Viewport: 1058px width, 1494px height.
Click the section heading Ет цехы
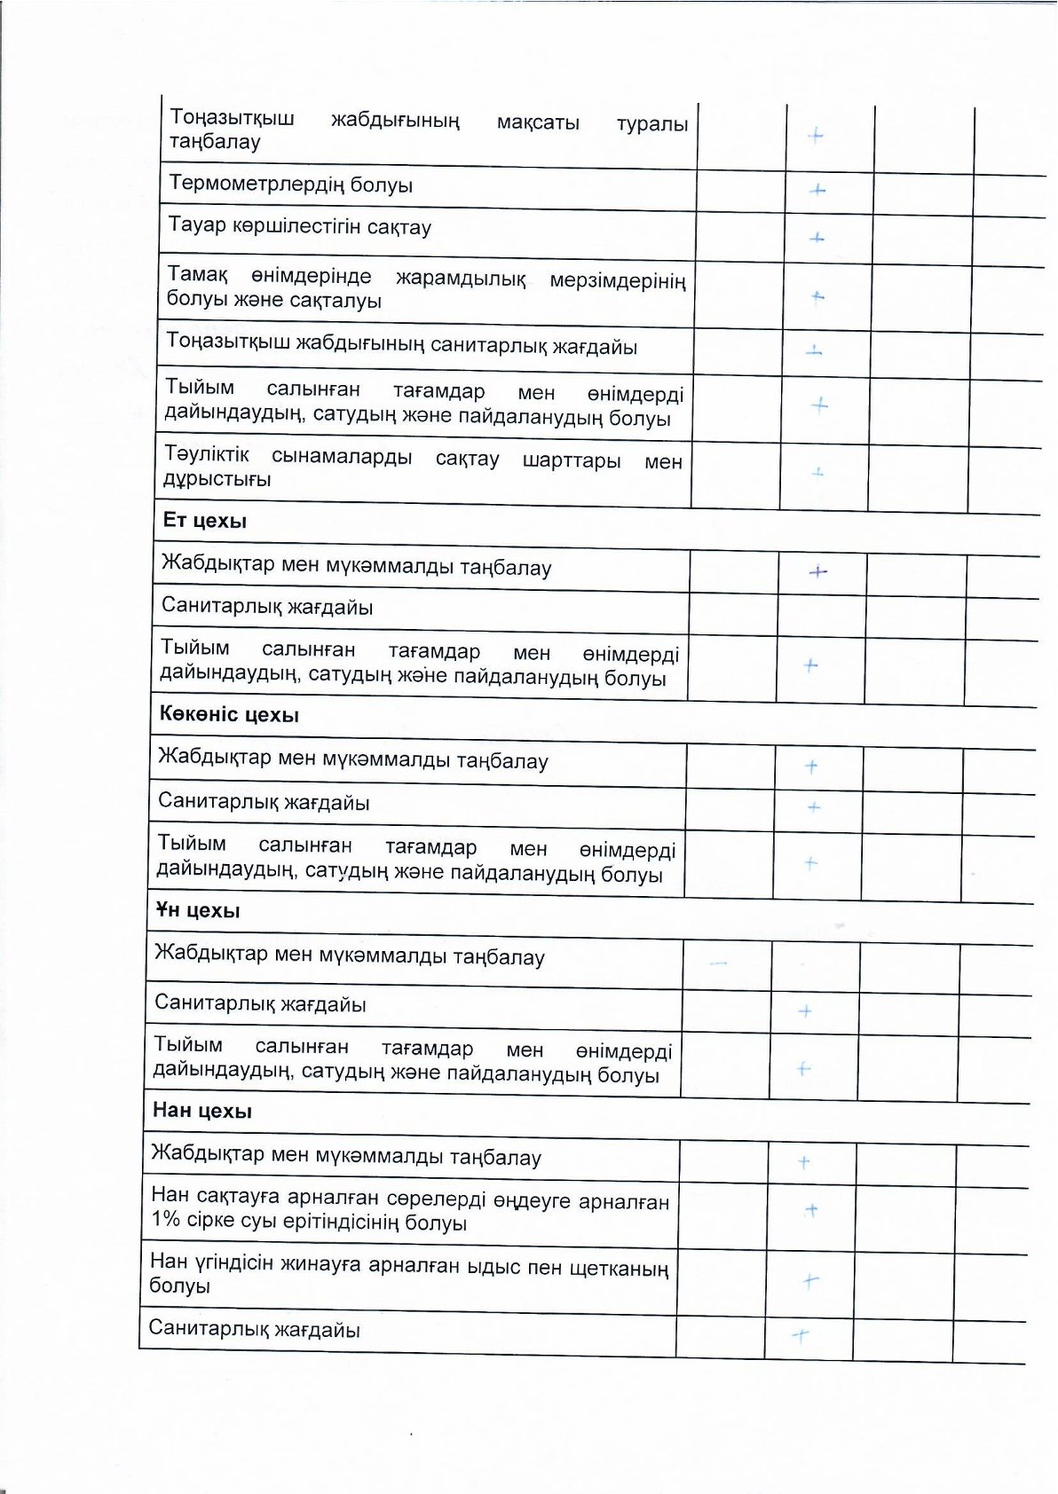(x=205, y=521)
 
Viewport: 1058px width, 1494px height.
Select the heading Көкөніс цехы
(x=229, y=715)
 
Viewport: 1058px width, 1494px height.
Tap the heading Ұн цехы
(x=198, y=911)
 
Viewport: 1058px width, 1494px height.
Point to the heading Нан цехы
(x=202, y=1111)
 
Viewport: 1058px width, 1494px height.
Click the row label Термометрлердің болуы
(x=291, y=185)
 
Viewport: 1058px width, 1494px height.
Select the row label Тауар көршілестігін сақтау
(x=300, y=227)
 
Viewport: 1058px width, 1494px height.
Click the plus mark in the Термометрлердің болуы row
(x=817, y=190)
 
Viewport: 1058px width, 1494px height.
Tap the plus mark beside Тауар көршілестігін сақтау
(x=817, y=238)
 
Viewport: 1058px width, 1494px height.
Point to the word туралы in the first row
(x=652, y=124)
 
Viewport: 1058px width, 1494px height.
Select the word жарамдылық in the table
(x=461, y=279)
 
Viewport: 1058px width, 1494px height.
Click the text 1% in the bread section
(x=166, y=1220)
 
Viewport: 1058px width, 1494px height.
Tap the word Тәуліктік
(x=207, y=455)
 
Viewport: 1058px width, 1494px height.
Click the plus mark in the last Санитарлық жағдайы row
(x=801, y=1334)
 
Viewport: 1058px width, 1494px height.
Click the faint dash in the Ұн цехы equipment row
(x=718, y=963)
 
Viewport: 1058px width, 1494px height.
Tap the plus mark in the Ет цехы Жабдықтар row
(x=817, y=572)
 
